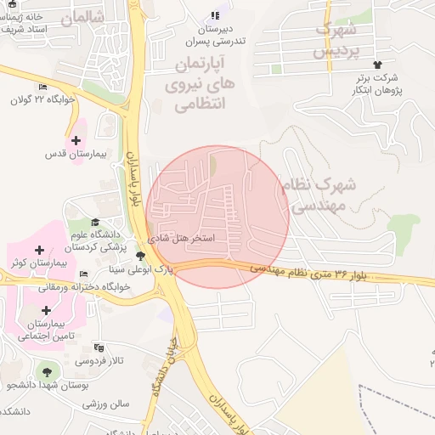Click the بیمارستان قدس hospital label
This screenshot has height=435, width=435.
[x=75, y=155]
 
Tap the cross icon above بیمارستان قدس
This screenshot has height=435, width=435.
[x=76, y=140]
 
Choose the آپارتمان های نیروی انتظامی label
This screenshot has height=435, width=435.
[x=202, y=85]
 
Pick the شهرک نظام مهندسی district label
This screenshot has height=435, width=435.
[x=320, y=195]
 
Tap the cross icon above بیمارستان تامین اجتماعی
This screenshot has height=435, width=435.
[x=46, y=310]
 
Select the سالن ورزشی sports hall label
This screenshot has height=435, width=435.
[x=105, y=404]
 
